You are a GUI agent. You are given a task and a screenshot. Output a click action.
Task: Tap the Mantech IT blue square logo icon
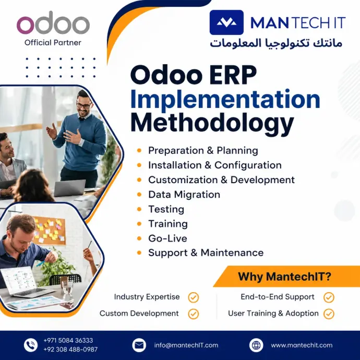tap(226, 22)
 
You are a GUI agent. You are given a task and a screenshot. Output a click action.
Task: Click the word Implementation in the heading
tap(225, 100)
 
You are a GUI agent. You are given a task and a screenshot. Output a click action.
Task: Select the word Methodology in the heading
tap(212, 124)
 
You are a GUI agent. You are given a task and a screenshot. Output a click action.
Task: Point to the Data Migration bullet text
tap(184, 195)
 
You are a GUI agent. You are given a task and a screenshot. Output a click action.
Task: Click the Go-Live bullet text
tap(167, 238)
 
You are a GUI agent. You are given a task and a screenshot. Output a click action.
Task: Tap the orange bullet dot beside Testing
tap(139, 209)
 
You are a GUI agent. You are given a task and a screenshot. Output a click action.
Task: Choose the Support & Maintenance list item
tap(206, 253)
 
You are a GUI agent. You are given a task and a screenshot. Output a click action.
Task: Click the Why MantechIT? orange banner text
tap(284, 276)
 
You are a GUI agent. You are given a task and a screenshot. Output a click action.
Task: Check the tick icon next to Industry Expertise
tap(194, 297)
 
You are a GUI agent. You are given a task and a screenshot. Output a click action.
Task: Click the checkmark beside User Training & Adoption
tap(329, 314)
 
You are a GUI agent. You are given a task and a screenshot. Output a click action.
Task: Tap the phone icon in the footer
tap(31, 345)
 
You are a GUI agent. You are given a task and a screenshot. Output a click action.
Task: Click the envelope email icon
tap(139, 345)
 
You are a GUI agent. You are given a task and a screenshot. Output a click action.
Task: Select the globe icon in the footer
tap(256, 345)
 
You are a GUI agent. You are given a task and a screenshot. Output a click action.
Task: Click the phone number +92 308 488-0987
tap(70, 350)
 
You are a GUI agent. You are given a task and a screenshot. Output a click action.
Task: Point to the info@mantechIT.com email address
tap(186, 345)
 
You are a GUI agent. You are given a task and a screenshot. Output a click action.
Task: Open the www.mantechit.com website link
tap(302, 345)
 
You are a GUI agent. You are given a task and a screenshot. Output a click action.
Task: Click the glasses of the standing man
tap(84, 105)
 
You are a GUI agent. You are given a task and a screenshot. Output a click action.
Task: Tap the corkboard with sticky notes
tap(49, 230)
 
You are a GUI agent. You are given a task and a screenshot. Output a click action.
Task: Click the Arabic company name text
tap(276, 43)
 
